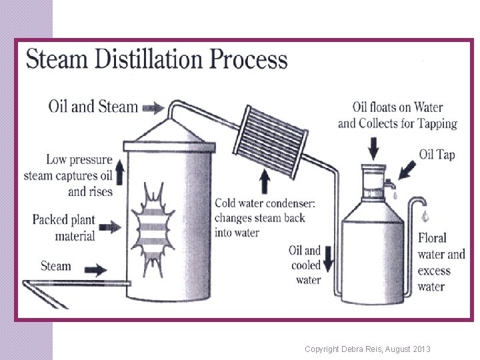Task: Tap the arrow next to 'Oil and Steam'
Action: (x=153, y=107)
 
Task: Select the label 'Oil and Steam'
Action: (x=93, y=107)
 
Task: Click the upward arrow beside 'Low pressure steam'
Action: (x=121, y=171)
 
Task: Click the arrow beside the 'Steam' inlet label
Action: (x=96, y=270)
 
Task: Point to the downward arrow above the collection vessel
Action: (x=374, y=145)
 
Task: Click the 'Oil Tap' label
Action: (x=437, y=155)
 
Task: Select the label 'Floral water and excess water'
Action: (x=441, y=262)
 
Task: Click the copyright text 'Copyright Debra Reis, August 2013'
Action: (x=367, y=349)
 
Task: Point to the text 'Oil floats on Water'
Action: (x=397, y=107)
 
